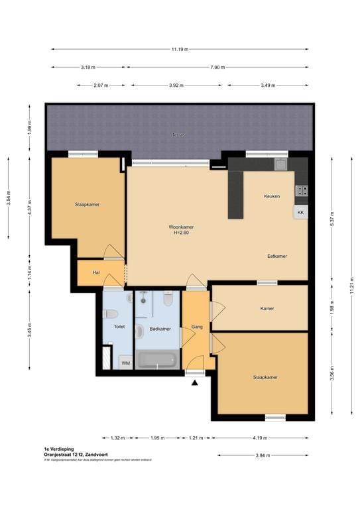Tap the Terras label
click(x=178, y=135)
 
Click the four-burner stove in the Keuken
click(x=301, y=191)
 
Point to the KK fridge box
click(x=300, y=212)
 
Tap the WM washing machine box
click(x=125, y=362)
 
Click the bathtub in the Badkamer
click(x=157, y=361)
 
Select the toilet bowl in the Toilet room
click(x=111, y=314)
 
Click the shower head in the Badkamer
click(x=143, y=300)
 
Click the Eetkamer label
click(x=277, y=256)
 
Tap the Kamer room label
click(x=267, y=308)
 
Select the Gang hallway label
click(x=196, y=327)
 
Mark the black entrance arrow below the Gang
click(x=195, y=381)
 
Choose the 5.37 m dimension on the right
click(x=331, y=221)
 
